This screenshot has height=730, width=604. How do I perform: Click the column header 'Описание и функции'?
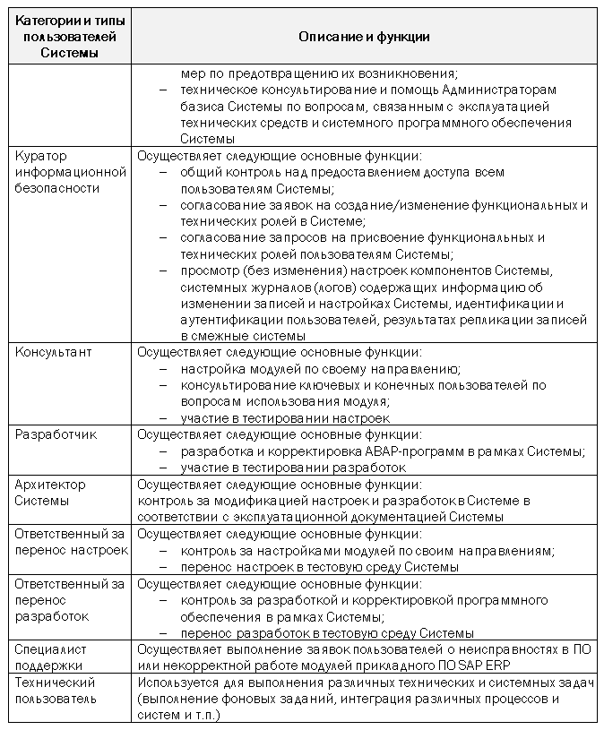click(x=363, y=38)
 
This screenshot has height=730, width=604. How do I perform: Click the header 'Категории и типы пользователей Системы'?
click(x=68, y=38)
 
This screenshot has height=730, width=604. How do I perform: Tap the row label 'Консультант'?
click(x=54, y=353)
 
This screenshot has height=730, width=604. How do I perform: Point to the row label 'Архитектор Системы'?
click(x=50, y=493)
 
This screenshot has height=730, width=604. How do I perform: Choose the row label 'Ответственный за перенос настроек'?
click(x=71, y=542)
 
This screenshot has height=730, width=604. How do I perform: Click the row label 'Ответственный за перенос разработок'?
click(x=69, y=599)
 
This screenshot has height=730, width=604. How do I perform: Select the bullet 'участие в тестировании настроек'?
click(x=285, y=418)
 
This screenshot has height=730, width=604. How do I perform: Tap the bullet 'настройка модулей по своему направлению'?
click(x=319, y=369)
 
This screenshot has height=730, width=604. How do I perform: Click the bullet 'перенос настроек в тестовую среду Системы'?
click(x=319, y=567)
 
